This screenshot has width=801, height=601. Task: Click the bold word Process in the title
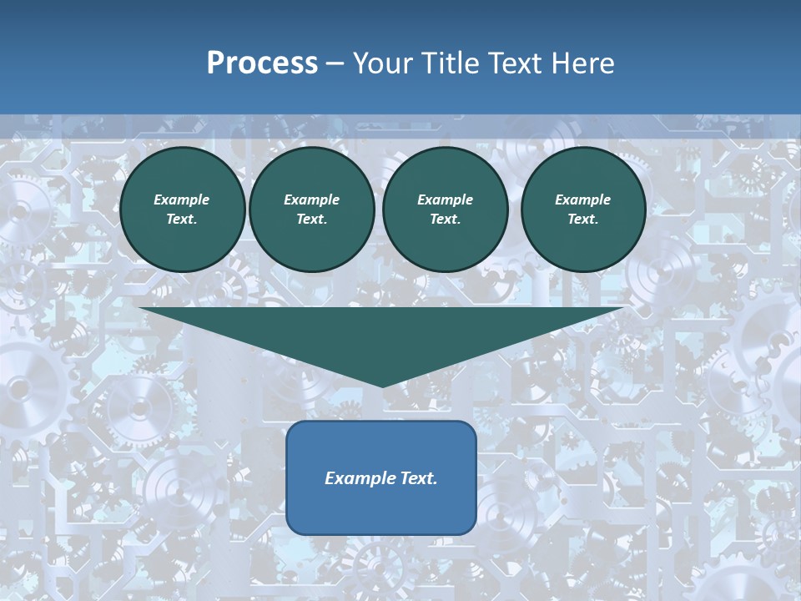click(262, 63)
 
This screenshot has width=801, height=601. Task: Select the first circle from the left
click(182, 210)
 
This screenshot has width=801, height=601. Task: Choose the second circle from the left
click(312, 210)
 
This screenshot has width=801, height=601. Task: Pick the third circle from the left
click(446, 210)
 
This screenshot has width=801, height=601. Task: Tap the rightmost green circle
click(583, 210)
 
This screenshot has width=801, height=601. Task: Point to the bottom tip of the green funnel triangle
click(382, 385)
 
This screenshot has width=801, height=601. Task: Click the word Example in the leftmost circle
click(182, 199)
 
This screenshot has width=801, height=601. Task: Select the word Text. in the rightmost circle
click(583, 220)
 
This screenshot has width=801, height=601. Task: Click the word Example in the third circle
click(446, 199)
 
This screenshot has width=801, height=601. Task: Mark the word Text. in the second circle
click(312, 220)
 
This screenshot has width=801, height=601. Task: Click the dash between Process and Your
click(335, 63)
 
